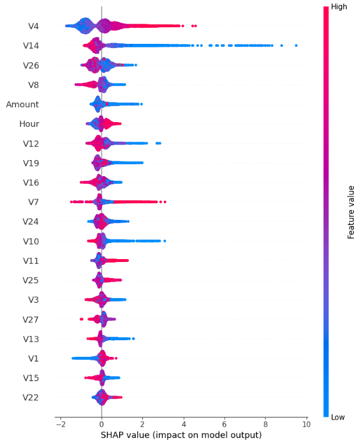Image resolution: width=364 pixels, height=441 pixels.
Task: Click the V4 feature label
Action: (x=33, y=25)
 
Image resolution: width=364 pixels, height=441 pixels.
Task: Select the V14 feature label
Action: (x=31, y=45)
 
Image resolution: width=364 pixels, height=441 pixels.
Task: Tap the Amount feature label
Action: (x=23, y=104)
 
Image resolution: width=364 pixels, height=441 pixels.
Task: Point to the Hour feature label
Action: (x=29, y=124)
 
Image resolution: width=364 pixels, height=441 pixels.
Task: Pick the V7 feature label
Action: (x=33, y=202)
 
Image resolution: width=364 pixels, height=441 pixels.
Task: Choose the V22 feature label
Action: (x=31, y=397)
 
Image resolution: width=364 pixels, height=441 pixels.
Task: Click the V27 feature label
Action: (x=31, y=319)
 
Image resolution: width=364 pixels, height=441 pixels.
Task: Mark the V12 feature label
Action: (x=31, y=143)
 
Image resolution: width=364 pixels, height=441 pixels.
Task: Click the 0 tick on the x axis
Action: (x=101, y=425)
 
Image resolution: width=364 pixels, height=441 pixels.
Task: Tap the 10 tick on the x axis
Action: (x=306, y=425)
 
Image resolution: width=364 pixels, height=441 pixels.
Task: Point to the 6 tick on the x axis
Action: (x=225, y=425)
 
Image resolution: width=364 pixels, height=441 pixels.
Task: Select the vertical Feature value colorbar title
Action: (x=351, y=212)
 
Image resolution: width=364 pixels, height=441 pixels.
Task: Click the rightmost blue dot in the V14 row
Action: (x=296, y=45)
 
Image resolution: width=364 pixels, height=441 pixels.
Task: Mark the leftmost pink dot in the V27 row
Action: (x=82, y=319)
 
